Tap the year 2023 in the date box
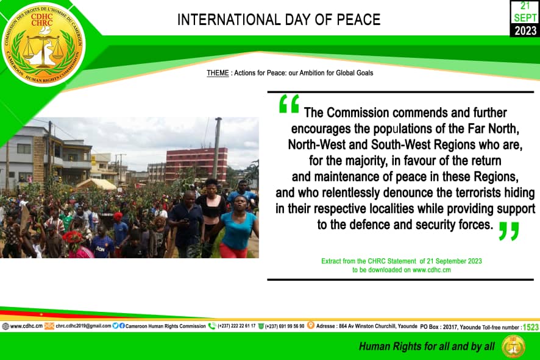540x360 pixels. (525, 31)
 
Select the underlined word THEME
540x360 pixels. (218, 73)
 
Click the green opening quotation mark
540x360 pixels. (289, 104)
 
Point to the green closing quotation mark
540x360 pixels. (509, 231)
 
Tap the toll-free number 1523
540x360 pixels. (530, 327)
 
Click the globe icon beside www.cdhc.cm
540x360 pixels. (5, 326)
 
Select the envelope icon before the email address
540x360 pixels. (49, 325)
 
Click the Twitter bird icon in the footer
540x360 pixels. (115, 325)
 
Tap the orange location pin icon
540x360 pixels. (311, 325)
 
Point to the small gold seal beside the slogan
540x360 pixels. (513, 347)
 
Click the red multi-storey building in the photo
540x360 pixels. (197, 164)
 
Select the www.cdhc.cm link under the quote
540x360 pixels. (432, 270)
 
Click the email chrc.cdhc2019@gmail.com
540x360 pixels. (83, 326)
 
